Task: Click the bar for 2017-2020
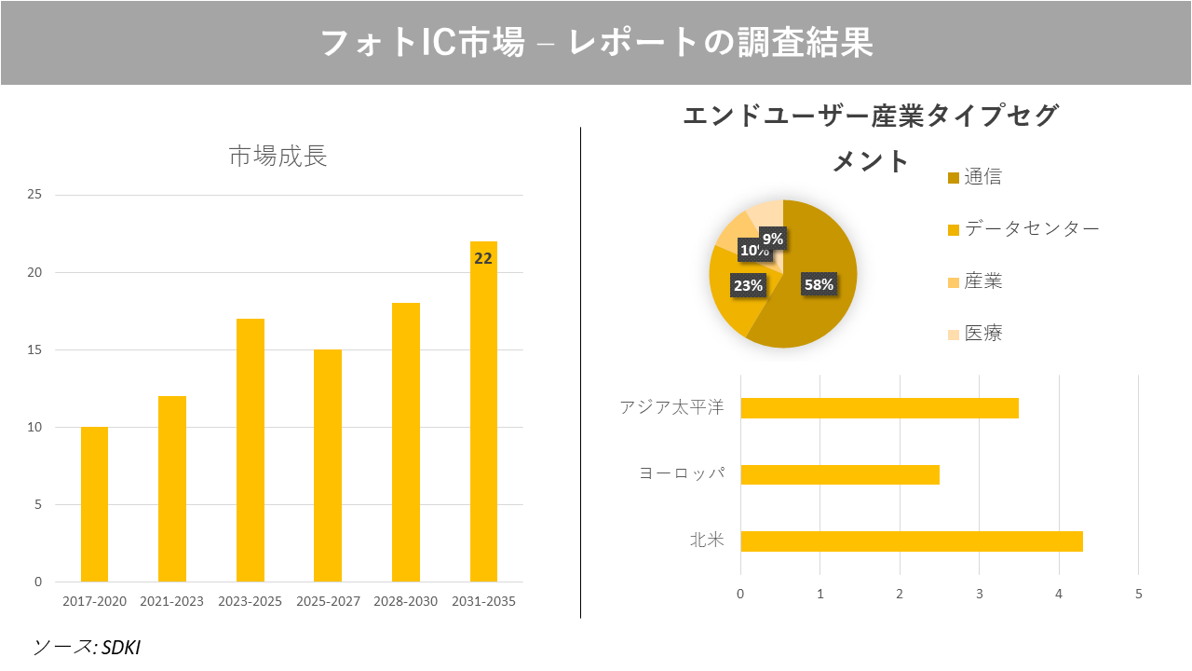tap(94, 504)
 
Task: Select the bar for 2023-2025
tap(250, 450)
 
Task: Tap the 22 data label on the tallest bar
tap(483, 259)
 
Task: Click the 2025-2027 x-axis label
tap(328, 601)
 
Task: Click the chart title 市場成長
tap(278, 157)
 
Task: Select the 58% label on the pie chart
tap(819, 285)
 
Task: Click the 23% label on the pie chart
tap(748, 286)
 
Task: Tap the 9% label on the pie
tap(773, 239)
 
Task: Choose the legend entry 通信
tap(982, 177)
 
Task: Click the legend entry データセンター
tap(1031, 229)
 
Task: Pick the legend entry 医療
tap(982, 334)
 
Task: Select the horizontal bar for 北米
tap(911, 541)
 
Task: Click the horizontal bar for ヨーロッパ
tap(839, 474)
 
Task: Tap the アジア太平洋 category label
tap(671, 407)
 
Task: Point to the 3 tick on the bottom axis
tap(979, 594)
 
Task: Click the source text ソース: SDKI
tap(87, 647)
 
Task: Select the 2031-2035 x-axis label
tap(483, 601)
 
